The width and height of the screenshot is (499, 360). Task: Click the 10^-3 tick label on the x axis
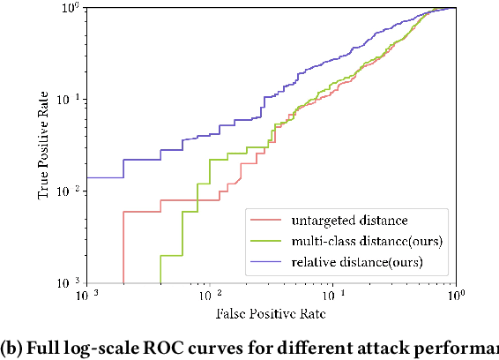(x=86, y=295)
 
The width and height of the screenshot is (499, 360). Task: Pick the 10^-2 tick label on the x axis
(x=209, y=295)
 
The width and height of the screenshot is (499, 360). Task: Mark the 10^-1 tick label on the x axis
(x=332, y=295)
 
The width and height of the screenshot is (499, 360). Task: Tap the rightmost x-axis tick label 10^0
(x=455, y=295)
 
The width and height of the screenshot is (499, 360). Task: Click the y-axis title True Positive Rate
(x=44, y=146)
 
